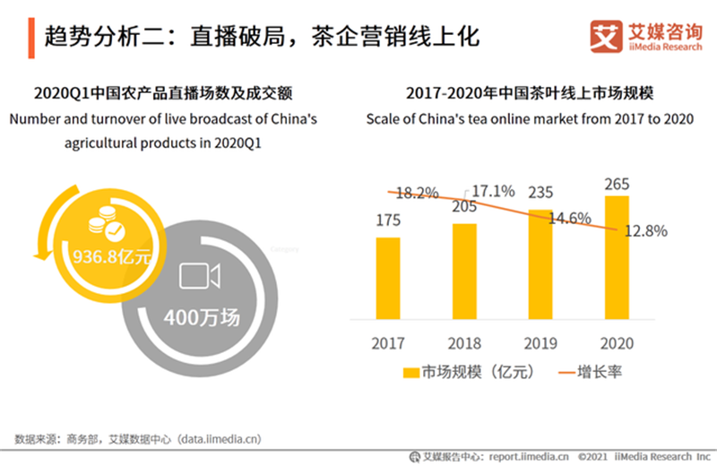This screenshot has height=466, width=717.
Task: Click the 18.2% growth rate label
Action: pyautogui.click(x=416, y=193)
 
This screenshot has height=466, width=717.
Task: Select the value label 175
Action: pyautogui.click(x=388, y=220)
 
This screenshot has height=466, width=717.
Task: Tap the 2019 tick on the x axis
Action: pyautogui.click(x=540, y=343)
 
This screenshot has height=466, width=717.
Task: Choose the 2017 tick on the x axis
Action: pyautogui.click(x=388, y=343)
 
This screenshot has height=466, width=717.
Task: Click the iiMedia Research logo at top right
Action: pyautogui.click(x=645, y=35)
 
